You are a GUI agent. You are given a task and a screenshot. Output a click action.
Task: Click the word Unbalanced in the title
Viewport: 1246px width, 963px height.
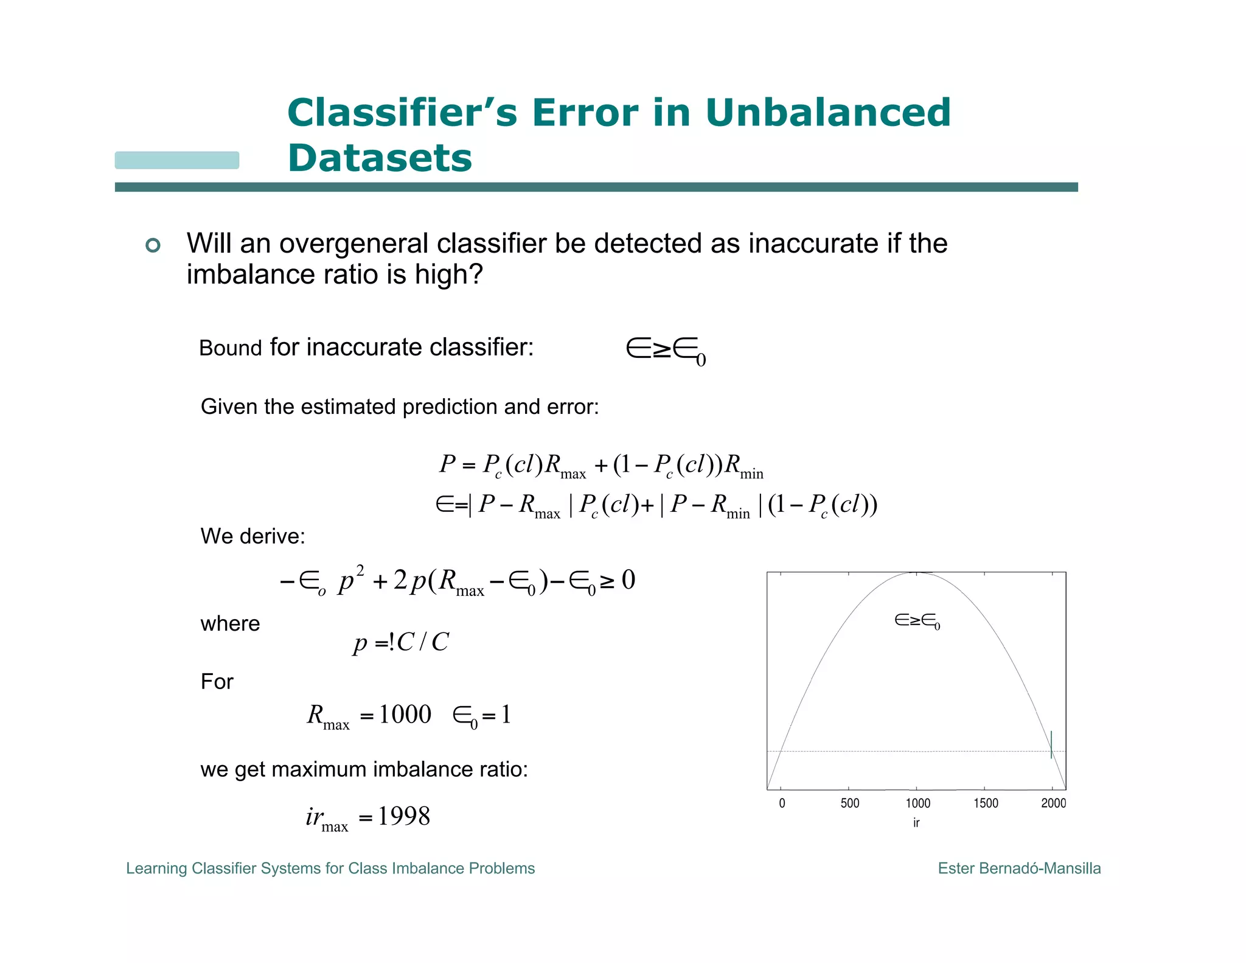tap(828, 113)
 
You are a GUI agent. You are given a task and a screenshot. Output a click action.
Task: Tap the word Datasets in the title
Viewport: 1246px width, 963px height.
tap(380, 158)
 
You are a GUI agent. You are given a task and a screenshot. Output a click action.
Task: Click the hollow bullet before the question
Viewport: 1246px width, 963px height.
tap(153, 245)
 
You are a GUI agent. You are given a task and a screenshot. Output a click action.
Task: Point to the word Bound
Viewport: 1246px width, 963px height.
tap(230, 348)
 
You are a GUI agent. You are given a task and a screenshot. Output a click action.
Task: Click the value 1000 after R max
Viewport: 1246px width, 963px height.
tap(405, 714)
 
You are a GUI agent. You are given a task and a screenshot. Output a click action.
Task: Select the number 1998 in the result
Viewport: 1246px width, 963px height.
tap(403, 816)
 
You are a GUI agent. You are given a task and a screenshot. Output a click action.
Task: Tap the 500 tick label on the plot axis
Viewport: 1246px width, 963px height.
tap(849, 803)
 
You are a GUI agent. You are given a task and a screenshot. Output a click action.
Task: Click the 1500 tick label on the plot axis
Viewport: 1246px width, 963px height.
tap(985, 803)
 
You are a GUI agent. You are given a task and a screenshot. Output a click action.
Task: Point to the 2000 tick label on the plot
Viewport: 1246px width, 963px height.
tap(1053, 803)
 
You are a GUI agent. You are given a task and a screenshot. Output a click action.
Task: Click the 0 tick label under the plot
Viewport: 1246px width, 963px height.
tap(782, 803)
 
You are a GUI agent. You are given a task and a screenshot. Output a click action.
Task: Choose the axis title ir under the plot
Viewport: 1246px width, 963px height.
tap(916, 823)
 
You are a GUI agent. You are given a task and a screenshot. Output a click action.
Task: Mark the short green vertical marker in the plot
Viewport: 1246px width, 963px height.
tap(1051, 744)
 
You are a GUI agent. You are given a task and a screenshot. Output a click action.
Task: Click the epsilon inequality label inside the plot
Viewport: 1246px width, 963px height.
tap(917, 621)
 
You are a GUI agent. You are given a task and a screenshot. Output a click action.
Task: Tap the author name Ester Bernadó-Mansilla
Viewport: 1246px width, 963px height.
tap(1019, 868)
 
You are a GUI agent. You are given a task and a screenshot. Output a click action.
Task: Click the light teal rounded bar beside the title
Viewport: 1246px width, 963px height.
tap(177, 160)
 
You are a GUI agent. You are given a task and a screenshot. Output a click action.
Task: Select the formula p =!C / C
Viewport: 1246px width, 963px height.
tap(401, 642)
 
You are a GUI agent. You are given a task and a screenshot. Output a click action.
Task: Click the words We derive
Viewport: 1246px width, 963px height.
tap(252, 536)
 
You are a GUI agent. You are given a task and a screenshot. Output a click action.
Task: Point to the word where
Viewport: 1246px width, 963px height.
tap(230, 624)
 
